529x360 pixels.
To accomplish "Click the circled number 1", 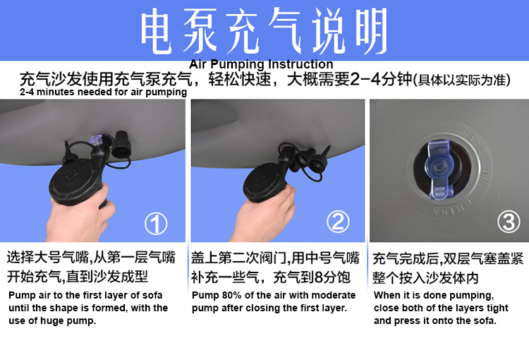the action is (156, 224).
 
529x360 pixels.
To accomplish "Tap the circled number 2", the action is (338, 222).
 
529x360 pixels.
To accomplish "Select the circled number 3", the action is (509, 222).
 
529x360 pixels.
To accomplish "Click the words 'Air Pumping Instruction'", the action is (261, 64).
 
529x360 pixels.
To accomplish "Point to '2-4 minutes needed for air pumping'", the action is (103, 92).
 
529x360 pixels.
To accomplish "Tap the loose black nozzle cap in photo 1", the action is (121, 145).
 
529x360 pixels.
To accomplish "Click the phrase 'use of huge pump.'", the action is (52, 321).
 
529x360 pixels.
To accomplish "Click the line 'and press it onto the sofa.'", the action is (435, 320).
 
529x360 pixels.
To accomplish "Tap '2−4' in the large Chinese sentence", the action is (365, 80).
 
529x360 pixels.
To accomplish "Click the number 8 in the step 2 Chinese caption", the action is (319, 277).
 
